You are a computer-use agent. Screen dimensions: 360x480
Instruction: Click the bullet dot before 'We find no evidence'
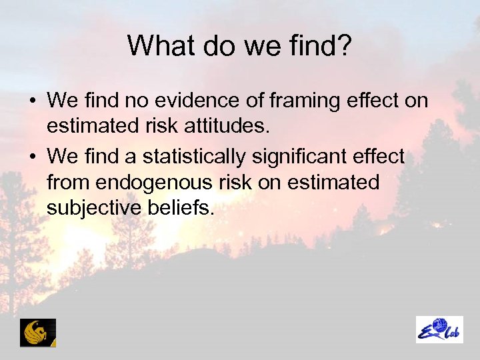pos(31,102)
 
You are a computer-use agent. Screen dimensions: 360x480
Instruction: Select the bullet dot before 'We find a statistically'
pos(31,158)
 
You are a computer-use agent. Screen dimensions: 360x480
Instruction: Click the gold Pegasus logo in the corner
pos(38,332)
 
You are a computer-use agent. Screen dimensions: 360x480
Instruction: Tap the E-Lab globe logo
pos(439,329)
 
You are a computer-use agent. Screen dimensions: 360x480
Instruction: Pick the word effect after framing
pos(377,101)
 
